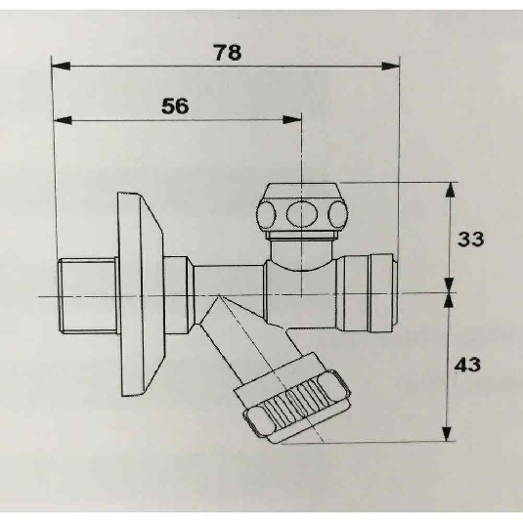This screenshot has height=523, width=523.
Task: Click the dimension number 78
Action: click(228, 53)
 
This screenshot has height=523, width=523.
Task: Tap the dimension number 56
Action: click(175, 107)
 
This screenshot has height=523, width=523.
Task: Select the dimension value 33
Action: click(470, 239)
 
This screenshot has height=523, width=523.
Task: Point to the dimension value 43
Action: click(467, 365)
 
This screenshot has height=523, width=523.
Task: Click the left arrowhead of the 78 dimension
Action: click(61, 66)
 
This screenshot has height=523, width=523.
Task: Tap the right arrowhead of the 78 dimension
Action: click(391, 66)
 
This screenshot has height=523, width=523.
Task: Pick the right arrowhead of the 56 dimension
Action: click(292, 119)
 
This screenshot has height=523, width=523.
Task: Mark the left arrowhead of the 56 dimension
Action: click(63, 120)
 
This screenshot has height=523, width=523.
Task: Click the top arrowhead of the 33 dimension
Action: click(451, 192)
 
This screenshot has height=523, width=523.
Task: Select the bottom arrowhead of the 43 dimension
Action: click(447, 432)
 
